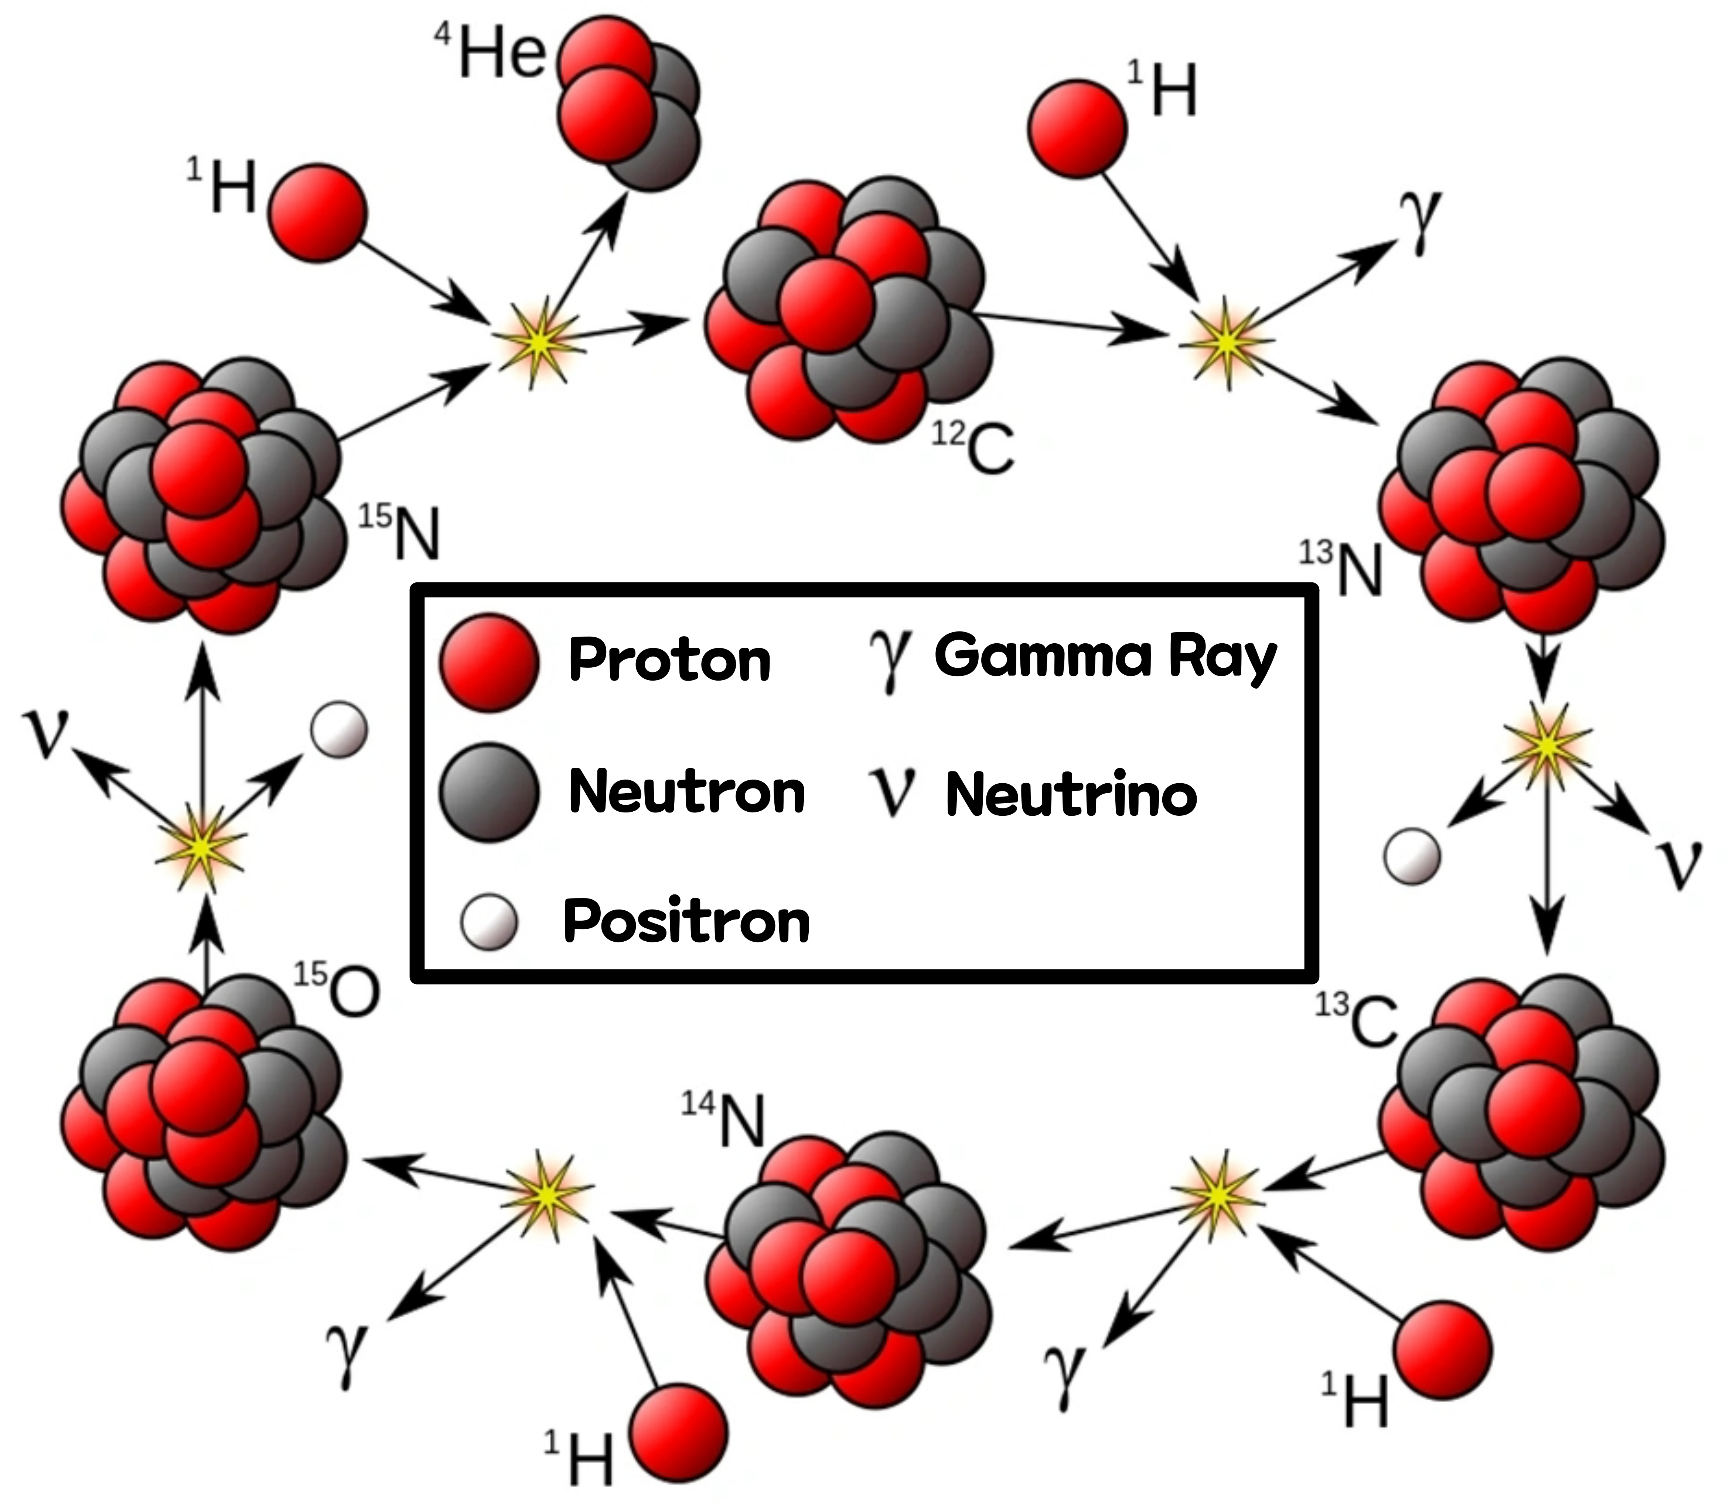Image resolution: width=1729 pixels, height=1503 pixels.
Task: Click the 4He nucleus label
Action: click(x=491, y=52)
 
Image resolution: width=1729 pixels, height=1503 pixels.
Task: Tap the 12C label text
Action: click(x=973, y=447)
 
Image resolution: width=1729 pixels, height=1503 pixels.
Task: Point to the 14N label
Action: click(x=723, y=1120)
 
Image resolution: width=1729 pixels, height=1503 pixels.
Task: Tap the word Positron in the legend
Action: click(x=686, y=921)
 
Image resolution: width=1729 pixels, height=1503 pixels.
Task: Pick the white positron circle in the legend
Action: click(x=489, y=922)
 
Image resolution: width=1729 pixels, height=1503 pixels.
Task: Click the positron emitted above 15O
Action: click(x=339, y=730)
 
